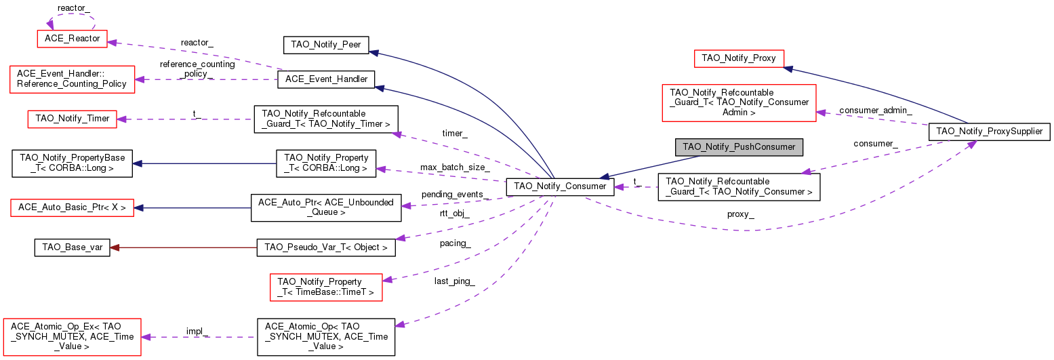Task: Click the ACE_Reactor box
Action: pos(73,39)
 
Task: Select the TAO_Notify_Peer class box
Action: pos(325,45)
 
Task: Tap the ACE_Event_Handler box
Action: pos(326,79)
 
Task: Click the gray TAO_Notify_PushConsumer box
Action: pos(739,146)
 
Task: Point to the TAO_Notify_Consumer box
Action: pos(560,186)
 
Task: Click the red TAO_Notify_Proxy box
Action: pos(739,58)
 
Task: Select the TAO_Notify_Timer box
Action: pos(65,119)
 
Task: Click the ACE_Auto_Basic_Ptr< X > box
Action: pos(73,206)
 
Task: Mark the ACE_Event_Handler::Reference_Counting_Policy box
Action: pos(72,79)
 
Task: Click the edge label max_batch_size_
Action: pos(454,167)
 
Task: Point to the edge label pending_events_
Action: pos(453,195)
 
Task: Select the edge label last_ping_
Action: pos(454,281)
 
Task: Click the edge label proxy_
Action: pos(741,214)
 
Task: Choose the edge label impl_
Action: pos(197,332)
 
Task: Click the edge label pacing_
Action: pos(455,243)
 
